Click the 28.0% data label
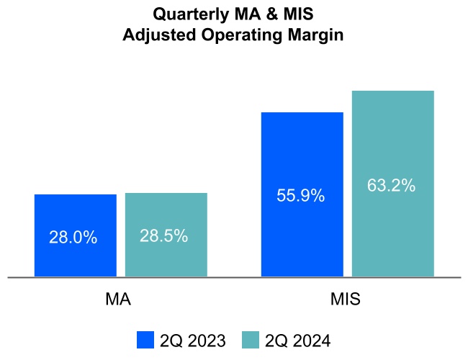point(73,238)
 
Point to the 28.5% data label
point(164,236)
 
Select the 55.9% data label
point(301,195)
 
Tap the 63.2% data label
point(392,185)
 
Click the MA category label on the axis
point(118,299)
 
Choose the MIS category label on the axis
point(346,299)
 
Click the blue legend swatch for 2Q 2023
point(145,340)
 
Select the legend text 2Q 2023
point(192,340)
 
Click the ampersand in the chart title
point(258,14)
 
